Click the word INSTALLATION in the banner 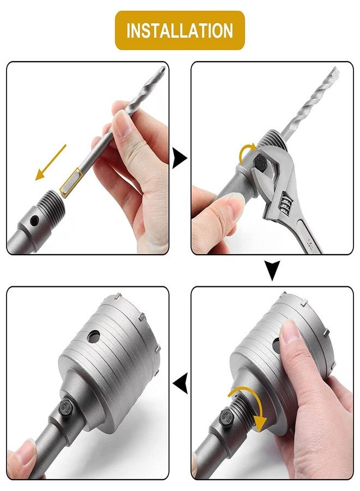point(179,31)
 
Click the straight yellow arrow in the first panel point(51,162)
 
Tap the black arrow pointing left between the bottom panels point(180,385)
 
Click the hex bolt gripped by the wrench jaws point(261,164)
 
